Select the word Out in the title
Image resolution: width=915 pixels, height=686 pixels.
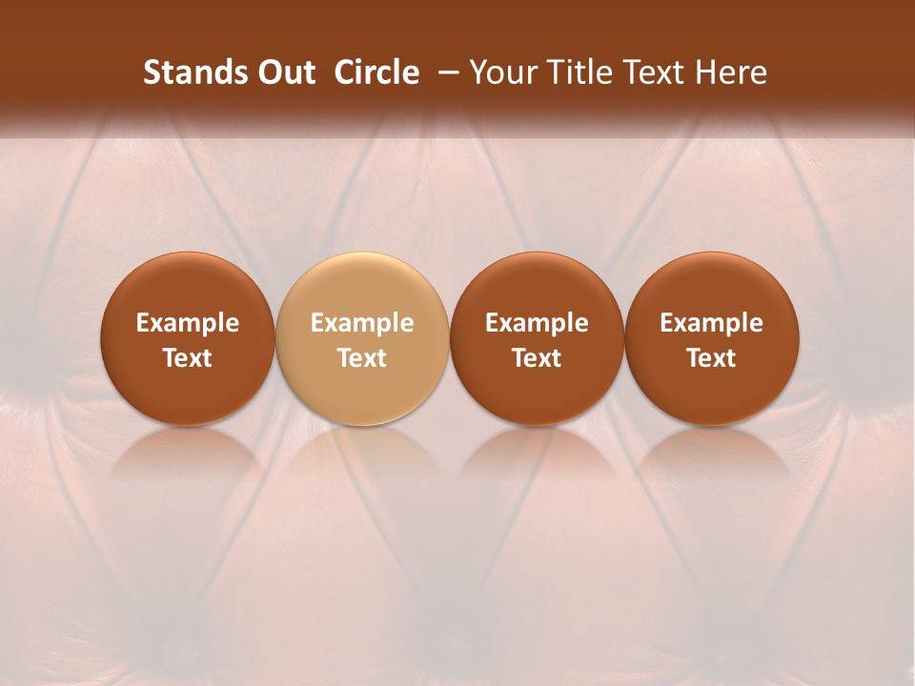click(x=284, y=72)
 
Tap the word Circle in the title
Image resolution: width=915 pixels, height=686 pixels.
click(x=376, y=72)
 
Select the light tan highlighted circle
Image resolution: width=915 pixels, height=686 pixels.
click(x=362, y=338)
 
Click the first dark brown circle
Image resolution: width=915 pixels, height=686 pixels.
click(x=188, y=338)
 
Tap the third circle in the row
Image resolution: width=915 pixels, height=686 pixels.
click(x=537, y=338)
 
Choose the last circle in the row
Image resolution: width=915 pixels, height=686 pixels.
click(x=712, y=338)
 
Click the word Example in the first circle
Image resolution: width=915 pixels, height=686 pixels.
click(x=188, y=323)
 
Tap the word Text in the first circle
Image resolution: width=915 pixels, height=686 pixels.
click(x=188, y=358)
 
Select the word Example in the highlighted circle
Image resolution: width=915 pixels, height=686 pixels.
click(x=362, y=323)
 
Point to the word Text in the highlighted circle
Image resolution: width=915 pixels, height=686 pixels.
click(x=362, y=358)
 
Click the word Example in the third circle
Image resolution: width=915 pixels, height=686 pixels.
click(x=537, y=323)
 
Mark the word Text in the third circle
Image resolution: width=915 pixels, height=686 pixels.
click(x=537, y=358)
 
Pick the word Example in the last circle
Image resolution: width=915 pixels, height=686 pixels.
click(x=712, y=323)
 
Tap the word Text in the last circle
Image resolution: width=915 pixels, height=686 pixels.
click(x=712, y=358)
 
